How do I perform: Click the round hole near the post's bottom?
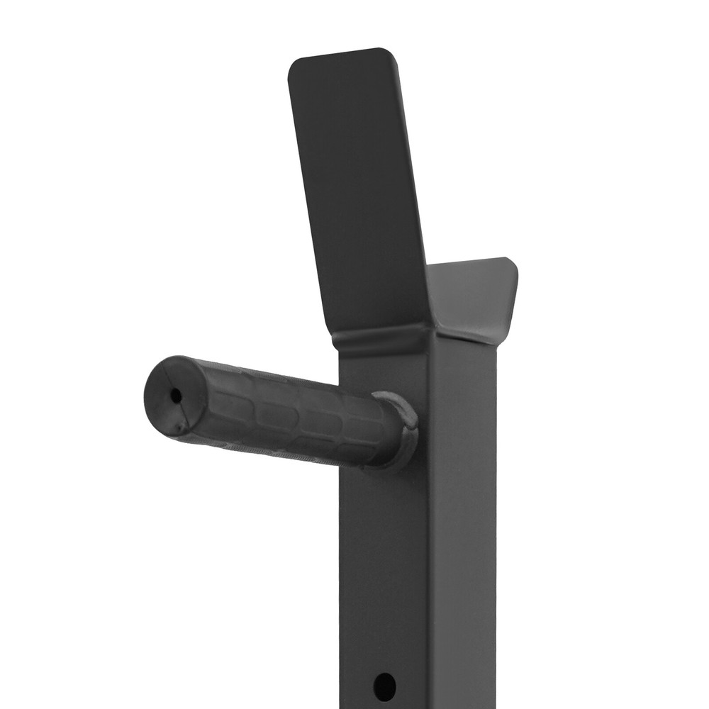384,686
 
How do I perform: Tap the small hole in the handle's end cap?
175,395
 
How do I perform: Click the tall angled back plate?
358,191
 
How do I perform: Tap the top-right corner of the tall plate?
388,52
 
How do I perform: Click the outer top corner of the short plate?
512,262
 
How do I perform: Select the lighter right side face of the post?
461,532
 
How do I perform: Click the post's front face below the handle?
383,567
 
